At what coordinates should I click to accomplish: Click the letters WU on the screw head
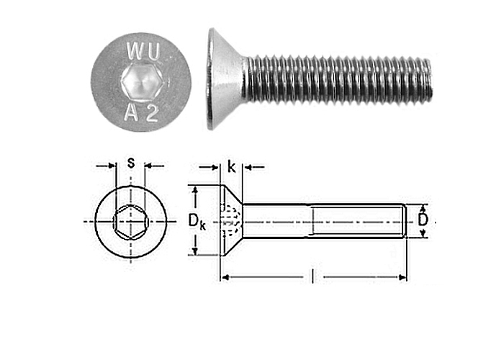[x=144, y=51]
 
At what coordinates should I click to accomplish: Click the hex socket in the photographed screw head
[x=142, y=81]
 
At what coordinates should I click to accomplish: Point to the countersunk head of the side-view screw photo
[x=225, y=78]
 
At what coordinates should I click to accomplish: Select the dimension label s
[x=130, y=163]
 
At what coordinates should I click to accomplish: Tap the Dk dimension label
[x=197, y=222]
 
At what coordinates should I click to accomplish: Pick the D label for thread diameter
[x=423, y=220]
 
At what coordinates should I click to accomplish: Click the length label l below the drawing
[x=312, y=276]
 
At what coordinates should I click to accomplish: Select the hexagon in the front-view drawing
[x=130, y=222]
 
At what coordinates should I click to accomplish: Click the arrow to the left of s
[x=105, y=166]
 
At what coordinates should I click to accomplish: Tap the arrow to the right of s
[x=154, y=166]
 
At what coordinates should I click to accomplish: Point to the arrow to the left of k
[x=210, y=167]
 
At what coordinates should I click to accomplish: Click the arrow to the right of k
[x=254, y=167]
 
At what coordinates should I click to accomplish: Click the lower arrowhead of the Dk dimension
[x=194, y=251]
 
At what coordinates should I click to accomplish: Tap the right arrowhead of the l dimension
[x=402, y=277]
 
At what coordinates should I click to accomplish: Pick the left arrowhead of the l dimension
[x=225, y=277]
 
